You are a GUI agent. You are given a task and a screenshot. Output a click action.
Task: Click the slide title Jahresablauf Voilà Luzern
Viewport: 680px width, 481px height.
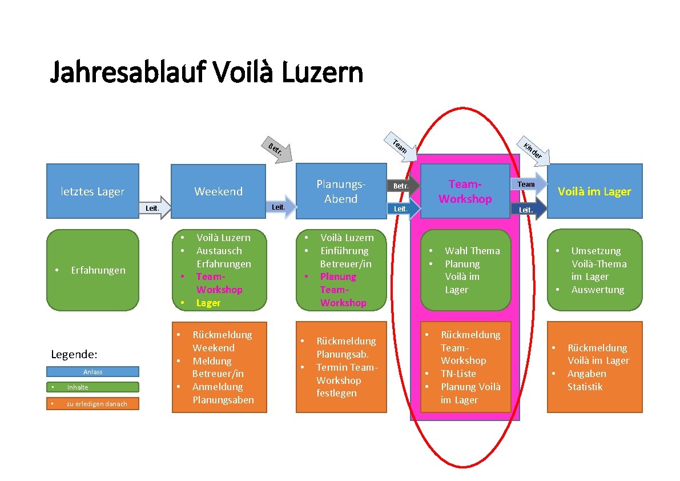[x=206, y=73]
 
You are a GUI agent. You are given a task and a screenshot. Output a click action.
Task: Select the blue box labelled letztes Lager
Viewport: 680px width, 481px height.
[x=92, y=191]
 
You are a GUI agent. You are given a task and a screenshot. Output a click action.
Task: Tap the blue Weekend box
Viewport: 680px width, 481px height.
[x=219, y=191]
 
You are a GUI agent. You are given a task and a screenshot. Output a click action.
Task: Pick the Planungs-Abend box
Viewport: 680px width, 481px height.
[x=341, y=191]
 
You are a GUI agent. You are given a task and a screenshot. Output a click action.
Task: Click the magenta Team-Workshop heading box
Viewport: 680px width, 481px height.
[x=465, y=191]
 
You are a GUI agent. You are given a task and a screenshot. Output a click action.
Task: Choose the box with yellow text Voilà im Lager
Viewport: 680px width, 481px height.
[x=594, y=191]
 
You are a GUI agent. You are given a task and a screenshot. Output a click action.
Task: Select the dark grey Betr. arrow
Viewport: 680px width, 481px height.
[x=403, y=186]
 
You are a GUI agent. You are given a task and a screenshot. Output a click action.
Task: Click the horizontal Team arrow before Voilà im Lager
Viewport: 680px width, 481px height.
[x=529, y=184]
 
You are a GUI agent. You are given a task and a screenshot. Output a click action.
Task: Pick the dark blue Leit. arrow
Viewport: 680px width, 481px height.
[x=529, y=210]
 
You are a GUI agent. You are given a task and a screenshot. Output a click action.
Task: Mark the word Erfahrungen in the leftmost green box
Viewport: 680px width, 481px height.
[x=98, y=270]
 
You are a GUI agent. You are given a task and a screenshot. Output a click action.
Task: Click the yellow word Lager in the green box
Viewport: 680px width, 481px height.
[x=208, y=303]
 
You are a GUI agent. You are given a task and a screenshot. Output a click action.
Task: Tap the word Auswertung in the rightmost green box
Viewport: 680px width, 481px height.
[x=598, y=290]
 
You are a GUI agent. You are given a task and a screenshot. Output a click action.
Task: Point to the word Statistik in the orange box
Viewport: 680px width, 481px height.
[x=585, y=387]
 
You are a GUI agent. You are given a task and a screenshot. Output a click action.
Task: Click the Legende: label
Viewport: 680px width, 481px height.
[x=74, y=355]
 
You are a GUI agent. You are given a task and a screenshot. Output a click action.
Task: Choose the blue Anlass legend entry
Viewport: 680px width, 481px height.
[x=92, y=372]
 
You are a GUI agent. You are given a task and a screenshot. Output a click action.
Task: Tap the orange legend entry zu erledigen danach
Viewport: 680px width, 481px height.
[x=92, y=404]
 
